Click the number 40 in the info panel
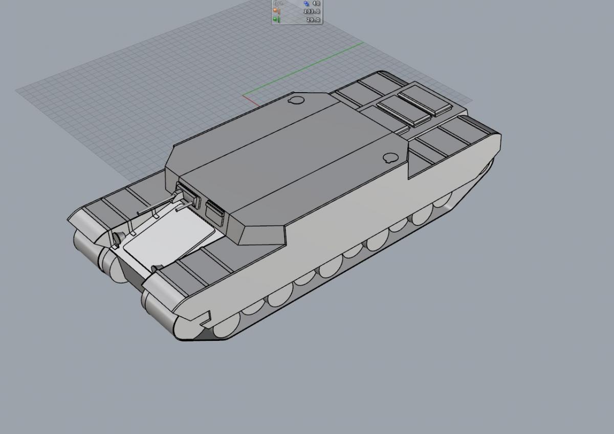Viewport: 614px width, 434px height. pos(316,3)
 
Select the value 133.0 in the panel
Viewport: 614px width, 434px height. pos(312,11)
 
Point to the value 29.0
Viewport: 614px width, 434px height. pos(313,20)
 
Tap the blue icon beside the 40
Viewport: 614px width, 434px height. pos(306,4)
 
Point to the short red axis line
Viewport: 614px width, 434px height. pos(251,101)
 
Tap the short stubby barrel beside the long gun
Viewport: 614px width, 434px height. pos(183,206)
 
